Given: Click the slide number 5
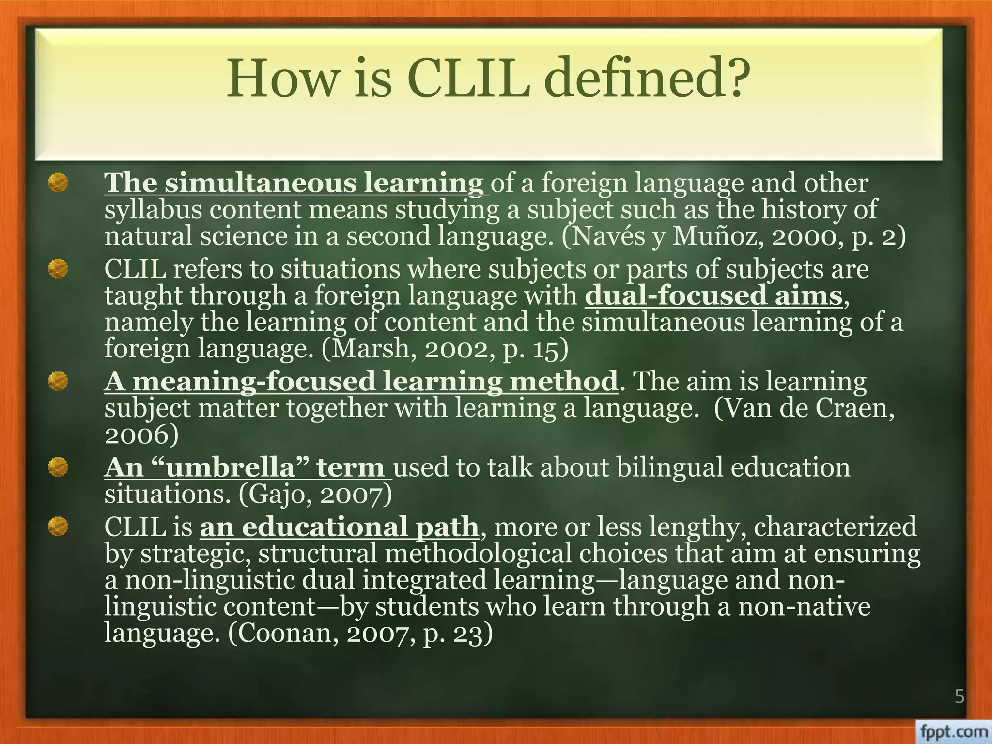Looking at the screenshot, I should tap(959, 697).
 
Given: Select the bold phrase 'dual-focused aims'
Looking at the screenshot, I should tap(713, 295).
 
